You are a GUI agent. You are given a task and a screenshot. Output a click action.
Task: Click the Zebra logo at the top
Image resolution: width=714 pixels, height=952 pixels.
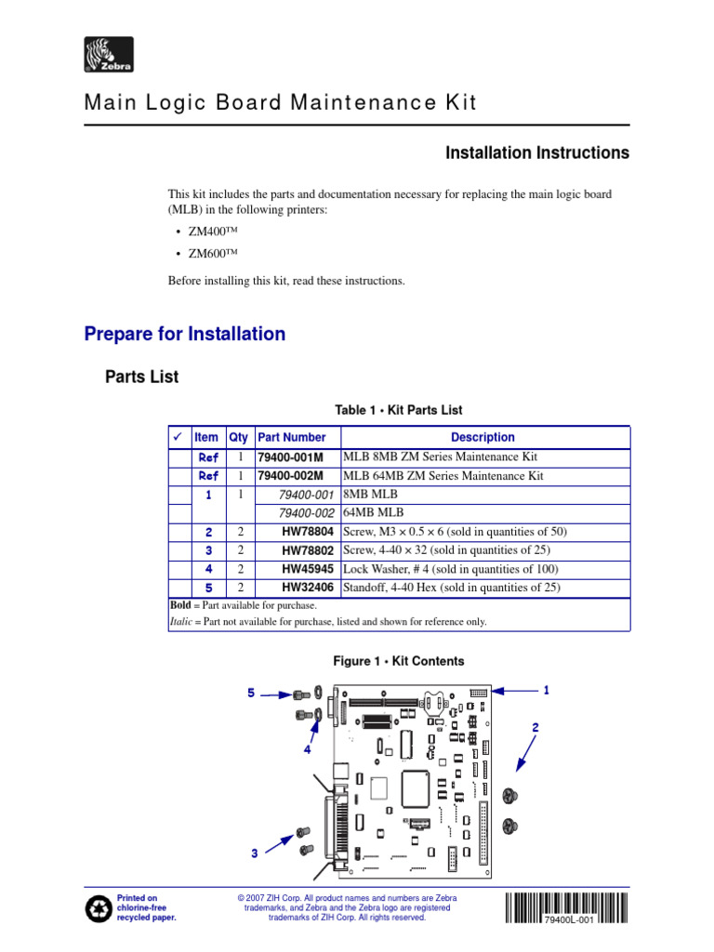(x=109, y=56)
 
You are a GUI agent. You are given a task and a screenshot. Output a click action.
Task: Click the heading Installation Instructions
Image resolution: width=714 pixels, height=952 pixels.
(x=537, y=152)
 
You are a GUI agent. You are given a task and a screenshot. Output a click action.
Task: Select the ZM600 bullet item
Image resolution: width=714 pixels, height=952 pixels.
(x=211, y=255)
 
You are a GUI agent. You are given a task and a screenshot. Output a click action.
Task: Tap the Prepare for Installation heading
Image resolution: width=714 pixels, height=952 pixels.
(x=185, y=334)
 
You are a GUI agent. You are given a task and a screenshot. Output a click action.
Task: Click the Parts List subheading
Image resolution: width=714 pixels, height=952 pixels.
(x=141, y=377)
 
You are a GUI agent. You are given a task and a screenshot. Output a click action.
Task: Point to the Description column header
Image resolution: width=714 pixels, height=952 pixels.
(x=483, y=437)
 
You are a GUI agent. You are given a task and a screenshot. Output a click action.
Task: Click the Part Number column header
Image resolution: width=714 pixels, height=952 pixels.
(x=292, y=437)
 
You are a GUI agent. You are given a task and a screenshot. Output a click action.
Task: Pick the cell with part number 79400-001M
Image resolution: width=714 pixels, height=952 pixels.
(x=291, y=456)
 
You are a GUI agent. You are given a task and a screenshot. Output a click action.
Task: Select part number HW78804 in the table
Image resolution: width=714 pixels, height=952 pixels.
(x=308, y=532)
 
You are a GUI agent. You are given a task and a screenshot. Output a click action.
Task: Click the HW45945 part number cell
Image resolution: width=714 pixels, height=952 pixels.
(x=308, y=569)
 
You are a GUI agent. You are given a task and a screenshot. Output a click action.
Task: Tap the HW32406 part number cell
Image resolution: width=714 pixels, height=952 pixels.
(x=308, y=588)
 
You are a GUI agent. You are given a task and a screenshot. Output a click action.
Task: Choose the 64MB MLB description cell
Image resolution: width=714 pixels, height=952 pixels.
(x=364, y=513)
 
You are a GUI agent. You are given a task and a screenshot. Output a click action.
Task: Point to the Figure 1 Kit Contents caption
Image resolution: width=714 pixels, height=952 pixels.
(x=398, y=661)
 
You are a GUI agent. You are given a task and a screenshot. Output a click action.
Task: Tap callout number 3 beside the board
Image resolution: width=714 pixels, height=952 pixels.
(x=254, y=853)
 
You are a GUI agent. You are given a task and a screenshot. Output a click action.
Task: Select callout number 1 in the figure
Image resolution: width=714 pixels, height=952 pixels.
(x=547, y=690)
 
